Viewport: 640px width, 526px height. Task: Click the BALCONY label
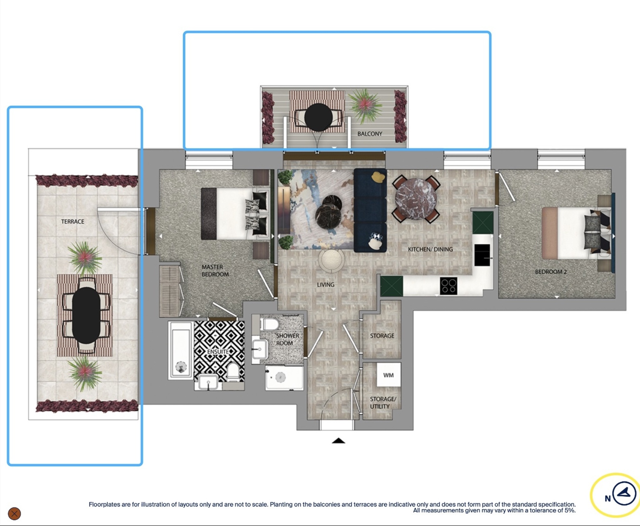(x=370, y=134)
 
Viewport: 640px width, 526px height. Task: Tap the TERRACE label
(x=72, y=222)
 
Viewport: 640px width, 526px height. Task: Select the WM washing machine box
(x=388, y=375)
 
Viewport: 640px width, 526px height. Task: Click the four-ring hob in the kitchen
(x=448, y=286)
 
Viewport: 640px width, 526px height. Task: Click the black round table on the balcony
(x=318, y=117)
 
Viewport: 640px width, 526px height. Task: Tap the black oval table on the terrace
(x=86, y=316)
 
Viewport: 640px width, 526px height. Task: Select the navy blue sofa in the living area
(x=370, y=210)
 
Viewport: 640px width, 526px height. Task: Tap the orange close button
(x=14, y=513)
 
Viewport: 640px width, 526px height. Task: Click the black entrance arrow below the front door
(x=338, y=441)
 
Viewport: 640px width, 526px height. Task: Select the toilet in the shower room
(x=270, y=324)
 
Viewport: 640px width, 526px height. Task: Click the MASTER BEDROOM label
(x=215, y=271)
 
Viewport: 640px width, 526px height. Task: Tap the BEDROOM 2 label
(x=551, y=272)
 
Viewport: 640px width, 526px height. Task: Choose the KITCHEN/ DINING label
(x=430, y=249)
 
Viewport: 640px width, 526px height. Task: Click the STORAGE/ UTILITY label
(x=383, y=403)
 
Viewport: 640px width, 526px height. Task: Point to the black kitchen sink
(x=482, y=255)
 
